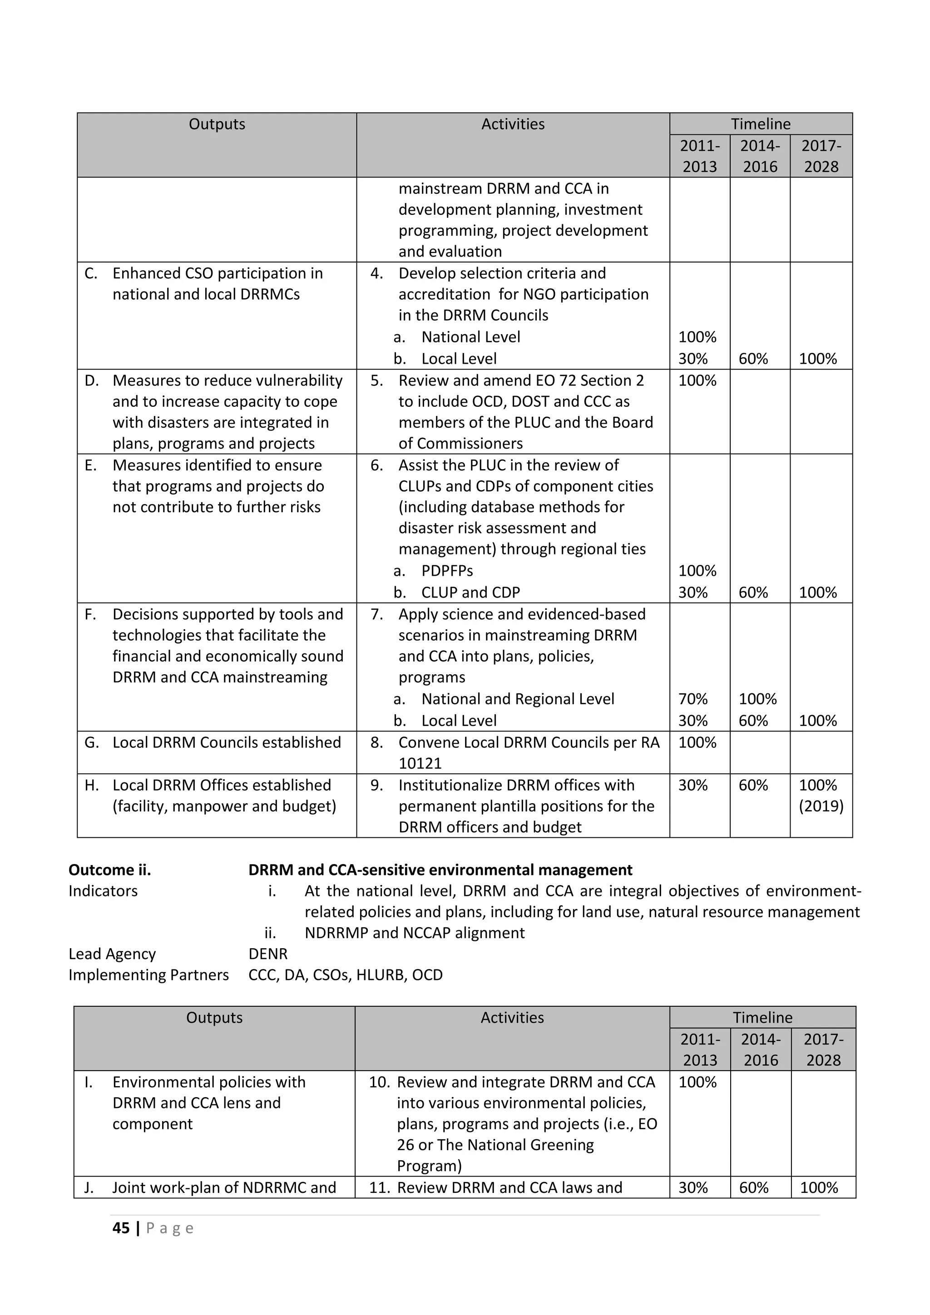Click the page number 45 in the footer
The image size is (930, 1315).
(x=121, y=1227)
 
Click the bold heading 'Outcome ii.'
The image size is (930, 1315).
(x=109, y=870)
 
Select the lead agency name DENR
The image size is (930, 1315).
(x=267, y=954)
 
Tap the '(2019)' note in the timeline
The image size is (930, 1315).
(x=821, y=806)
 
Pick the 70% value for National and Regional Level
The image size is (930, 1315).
(x=693, y=699)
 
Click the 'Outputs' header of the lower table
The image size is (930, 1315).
(x=214, y=1017)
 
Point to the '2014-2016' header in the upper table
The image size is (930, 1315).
(x=759, y=156)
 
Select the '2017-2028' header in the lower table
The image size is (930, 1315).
(x=823, y=1049)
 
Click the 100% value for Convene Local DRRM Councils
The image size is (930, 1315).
(x=697, y=742)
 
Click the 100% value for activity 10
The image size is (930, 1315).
(x=697, y=1082)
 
